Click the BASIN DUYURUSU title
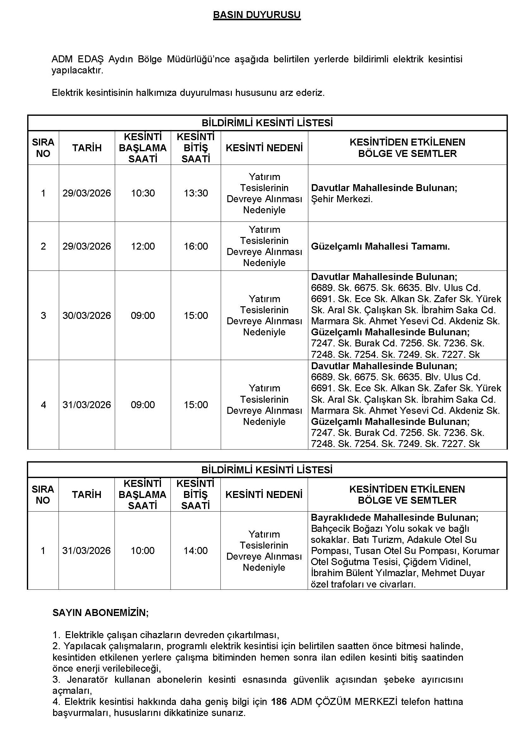click(257, 15)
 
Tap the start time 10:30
click(143, 193)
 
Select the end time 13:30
click(196, 193)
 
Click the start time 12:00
click(143, 246)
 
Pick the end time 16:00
click(196, 246)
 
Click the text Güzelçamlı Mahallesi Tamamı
click(380, 246)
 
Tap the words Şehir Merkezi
click(342, 199)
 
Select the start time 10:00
click(142, 550)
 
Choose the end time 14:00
click(195, 550)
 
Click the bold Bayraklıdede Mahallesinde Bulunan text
click(395, 518)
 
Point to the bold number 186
click(279, 702)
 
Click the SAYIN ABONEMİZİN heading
click(101, 613)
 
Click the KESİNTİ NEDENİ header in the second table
click(264, 495)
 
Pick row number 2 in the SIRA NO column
click(43, 246)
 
